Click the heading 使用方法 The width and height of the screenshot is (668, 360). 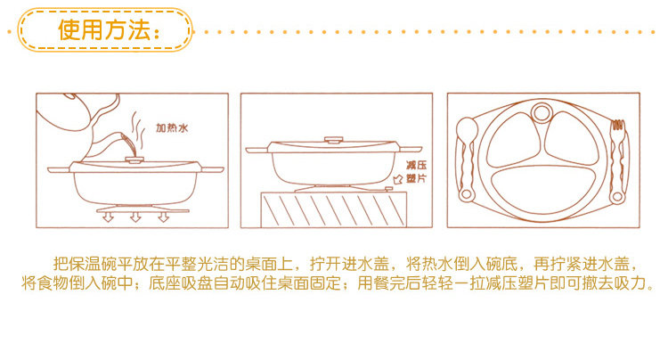(x=104, y=29)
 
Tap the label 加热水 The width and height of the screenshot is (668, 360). (x=172, y=127)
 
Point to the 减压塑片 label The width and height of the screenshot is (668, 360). (x=416, y=172)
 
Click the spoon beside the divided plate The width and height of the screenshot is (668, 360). (x=466, y=159)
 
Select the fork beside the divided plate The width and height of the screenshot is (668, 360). (x=617, y=161)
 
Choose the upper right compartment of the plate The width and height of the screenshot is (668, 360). (x=572, y=138)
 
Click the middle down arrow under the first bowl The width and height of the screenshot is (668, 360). (x=135, y=217)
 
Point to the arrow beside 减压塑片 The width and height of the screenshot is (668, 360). (x=398, y=179)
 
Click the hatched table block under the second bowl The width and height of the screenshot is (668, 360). (x=334, y=209)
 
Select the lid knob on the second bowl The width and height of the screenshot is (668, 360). (x=334, y=140)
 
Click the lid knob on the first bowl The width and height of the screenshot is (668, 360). (x=134, y=160)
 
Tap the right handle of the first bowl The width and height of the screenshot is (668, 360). (x=212, y=169)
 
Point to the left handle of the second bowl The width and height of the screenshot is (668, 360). (x=257, y=150)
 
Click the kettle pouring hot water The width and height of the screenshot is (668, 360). (x=81, y=113)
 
